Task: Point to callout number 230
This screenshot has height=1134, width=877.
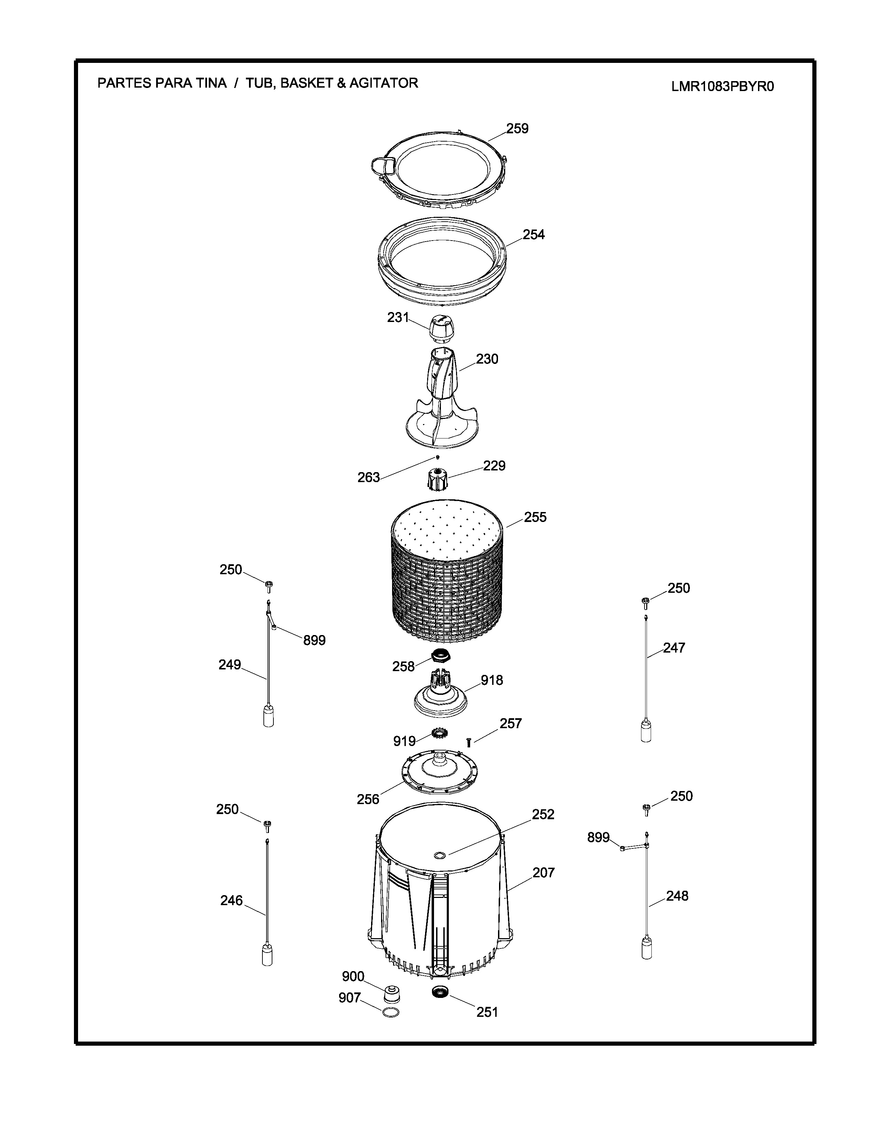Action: pyautogui.click(x=487, y=359)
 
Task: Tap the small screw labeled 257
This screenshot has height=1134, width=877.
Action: pyautogui.click(x=469, y=743)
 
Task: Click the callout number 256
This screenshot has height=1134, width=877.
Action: pyautogui.click(x=368, y=799)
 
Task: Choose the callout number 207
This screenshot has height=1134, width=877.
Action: pyautogui.click(x=543, y=872)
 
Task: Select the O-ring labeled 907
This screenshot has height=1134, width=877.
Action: pyautogui.click(x=391, y=1012)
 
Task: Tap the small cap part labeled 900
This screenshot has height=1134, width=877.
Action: pyautogui.click(x=392, y=993)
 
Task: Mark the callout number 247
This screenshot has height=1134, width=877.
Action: pyautogui.click(x=674, y=647)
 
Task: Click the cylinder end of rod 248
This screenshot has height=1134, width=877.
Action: pyautogui.click(x=647, y=948)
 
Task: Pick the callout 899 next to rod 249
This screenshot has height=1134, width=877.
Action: pyautogui.click(x=314, y=640)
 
